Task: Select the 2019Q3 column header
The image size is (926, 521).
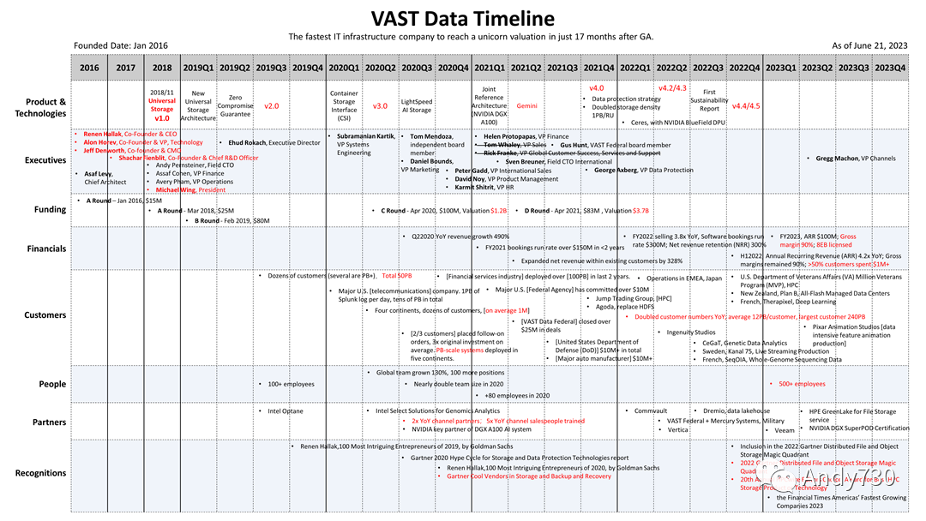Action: (271, 68)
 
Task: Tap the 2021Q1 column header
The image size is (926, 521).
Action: (489, 68)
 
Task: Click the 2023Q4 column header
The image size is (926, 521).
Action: (889, 68)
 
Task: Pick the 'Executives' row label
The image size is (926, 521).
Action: (45, 160)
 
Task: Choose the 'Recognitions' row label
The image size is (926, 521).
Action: (40, 473)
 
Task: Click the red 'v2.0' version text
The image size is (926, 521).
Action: (272, 106)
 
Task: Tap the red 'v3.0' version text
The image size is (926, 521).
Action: (380, 106)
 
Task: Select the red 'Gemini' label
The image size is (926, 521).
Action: (526, 106)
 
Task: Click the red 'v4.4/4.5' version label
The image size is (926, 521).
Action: (745, 106)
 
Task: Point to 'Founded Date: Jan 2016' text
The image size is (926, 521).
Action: (121, 45)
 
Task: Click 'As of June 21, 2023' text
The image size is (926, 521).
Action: (870, 45)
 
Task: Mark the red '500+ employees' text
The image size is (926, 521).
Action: (802, 384)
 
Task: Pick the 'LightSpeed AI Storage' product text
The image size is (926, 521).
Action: (417, 105)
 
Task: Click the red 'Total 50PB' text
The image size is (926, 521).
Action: (397, 276)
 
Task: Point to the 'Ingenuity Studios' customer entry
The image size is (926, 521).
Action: (690, 332)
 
